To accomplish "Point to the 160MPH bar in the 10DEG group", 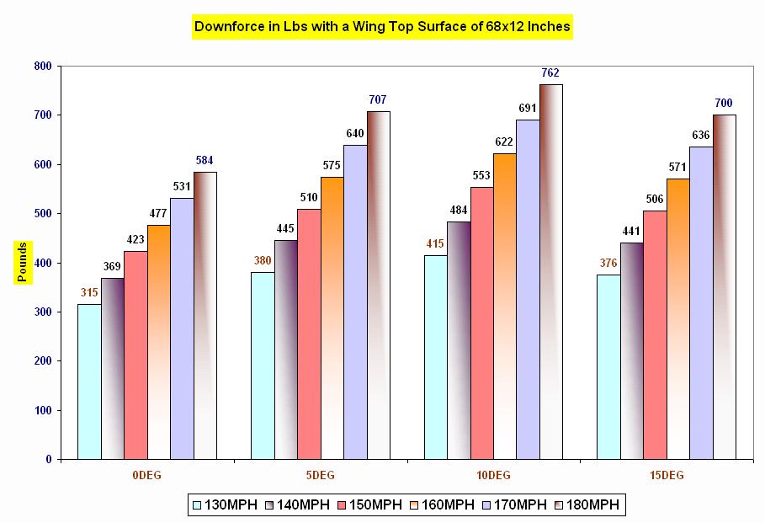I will click(505, 307).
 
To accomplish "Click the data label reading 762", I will click(550, 72).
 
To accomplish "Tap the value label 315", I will click(89, 292).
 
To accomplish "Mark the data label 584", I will click(205, 160).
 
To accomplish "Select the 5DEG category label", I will click(320, 476).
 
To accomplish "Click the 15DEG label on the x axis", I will click(667, 476).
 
